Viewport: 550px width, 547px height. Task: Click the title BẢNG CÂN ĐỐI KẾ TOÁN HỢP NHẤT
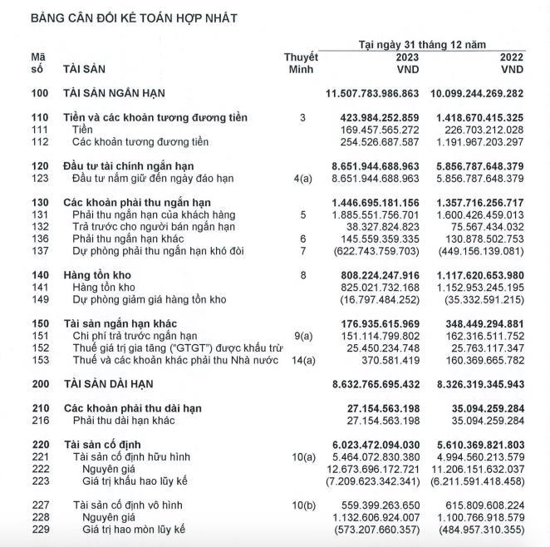pos(134,18)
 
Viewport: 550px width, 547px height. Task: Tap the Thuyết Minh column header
pos(301,63)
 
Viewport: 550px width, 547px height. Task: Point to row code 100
pos(40,94)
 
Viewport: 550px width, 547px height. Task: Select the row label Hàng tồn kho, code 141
pos(103,287)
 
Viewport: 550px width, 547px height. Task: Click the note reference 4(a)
pos(302,179)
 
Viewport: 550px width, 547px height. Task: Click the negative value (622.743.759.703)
pos(379,250)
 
